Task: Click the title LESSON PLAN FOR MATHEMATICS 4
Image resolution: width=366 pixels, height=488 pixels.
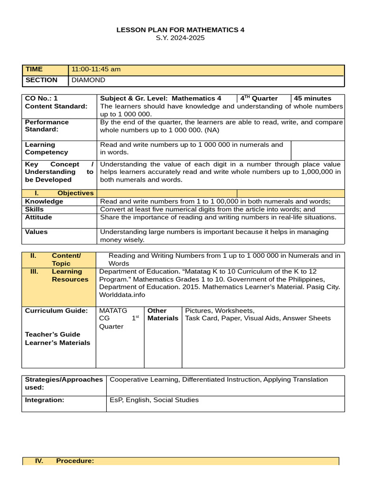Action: click(180, 30)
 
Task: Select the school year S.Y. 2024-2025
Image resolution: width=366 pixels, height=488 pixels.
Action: click(180, 38)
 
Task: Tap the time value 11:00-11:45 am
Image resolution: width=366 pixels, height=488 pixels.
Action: click(96, 69)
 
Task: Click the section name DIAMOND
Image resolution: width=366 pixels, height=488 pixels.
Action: click(88, 80)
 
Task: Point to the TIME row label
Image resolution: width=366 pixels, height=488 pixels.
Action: click(34, 69)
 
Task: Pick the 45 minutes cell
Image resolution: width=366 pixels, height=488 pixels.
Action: click(313, 98)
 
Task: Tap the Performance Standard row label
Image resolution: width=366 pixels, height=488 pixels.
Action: click(47, 126)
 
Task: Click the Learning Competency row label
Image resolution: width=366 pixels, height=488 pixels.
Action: click(46, 148)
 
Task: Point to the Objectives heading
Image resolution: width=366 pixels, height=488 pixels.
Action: click(75, 193)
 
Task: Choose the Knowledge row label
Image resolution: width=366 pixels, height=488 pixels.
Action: click(44, 201)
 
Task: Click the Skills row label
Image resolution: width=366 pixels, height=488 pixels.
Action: click(34, 209)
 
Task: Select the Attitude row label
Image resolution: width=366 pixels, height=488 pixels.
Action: click(39, 217)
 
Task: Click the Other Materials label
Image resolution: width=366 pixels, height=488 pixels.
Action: click(163, 315)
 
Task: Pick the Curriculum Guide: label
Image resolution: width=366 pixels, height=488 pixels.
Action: click(56, 311)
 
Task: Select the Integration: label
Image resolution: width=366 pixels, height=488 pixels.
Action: click(44, 400)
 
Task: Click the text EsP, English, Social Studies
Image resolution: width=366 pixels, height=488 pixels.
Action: click(154, 400)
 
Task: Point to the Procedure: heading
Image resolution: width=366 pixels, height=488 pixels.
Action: click(75, 461)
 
